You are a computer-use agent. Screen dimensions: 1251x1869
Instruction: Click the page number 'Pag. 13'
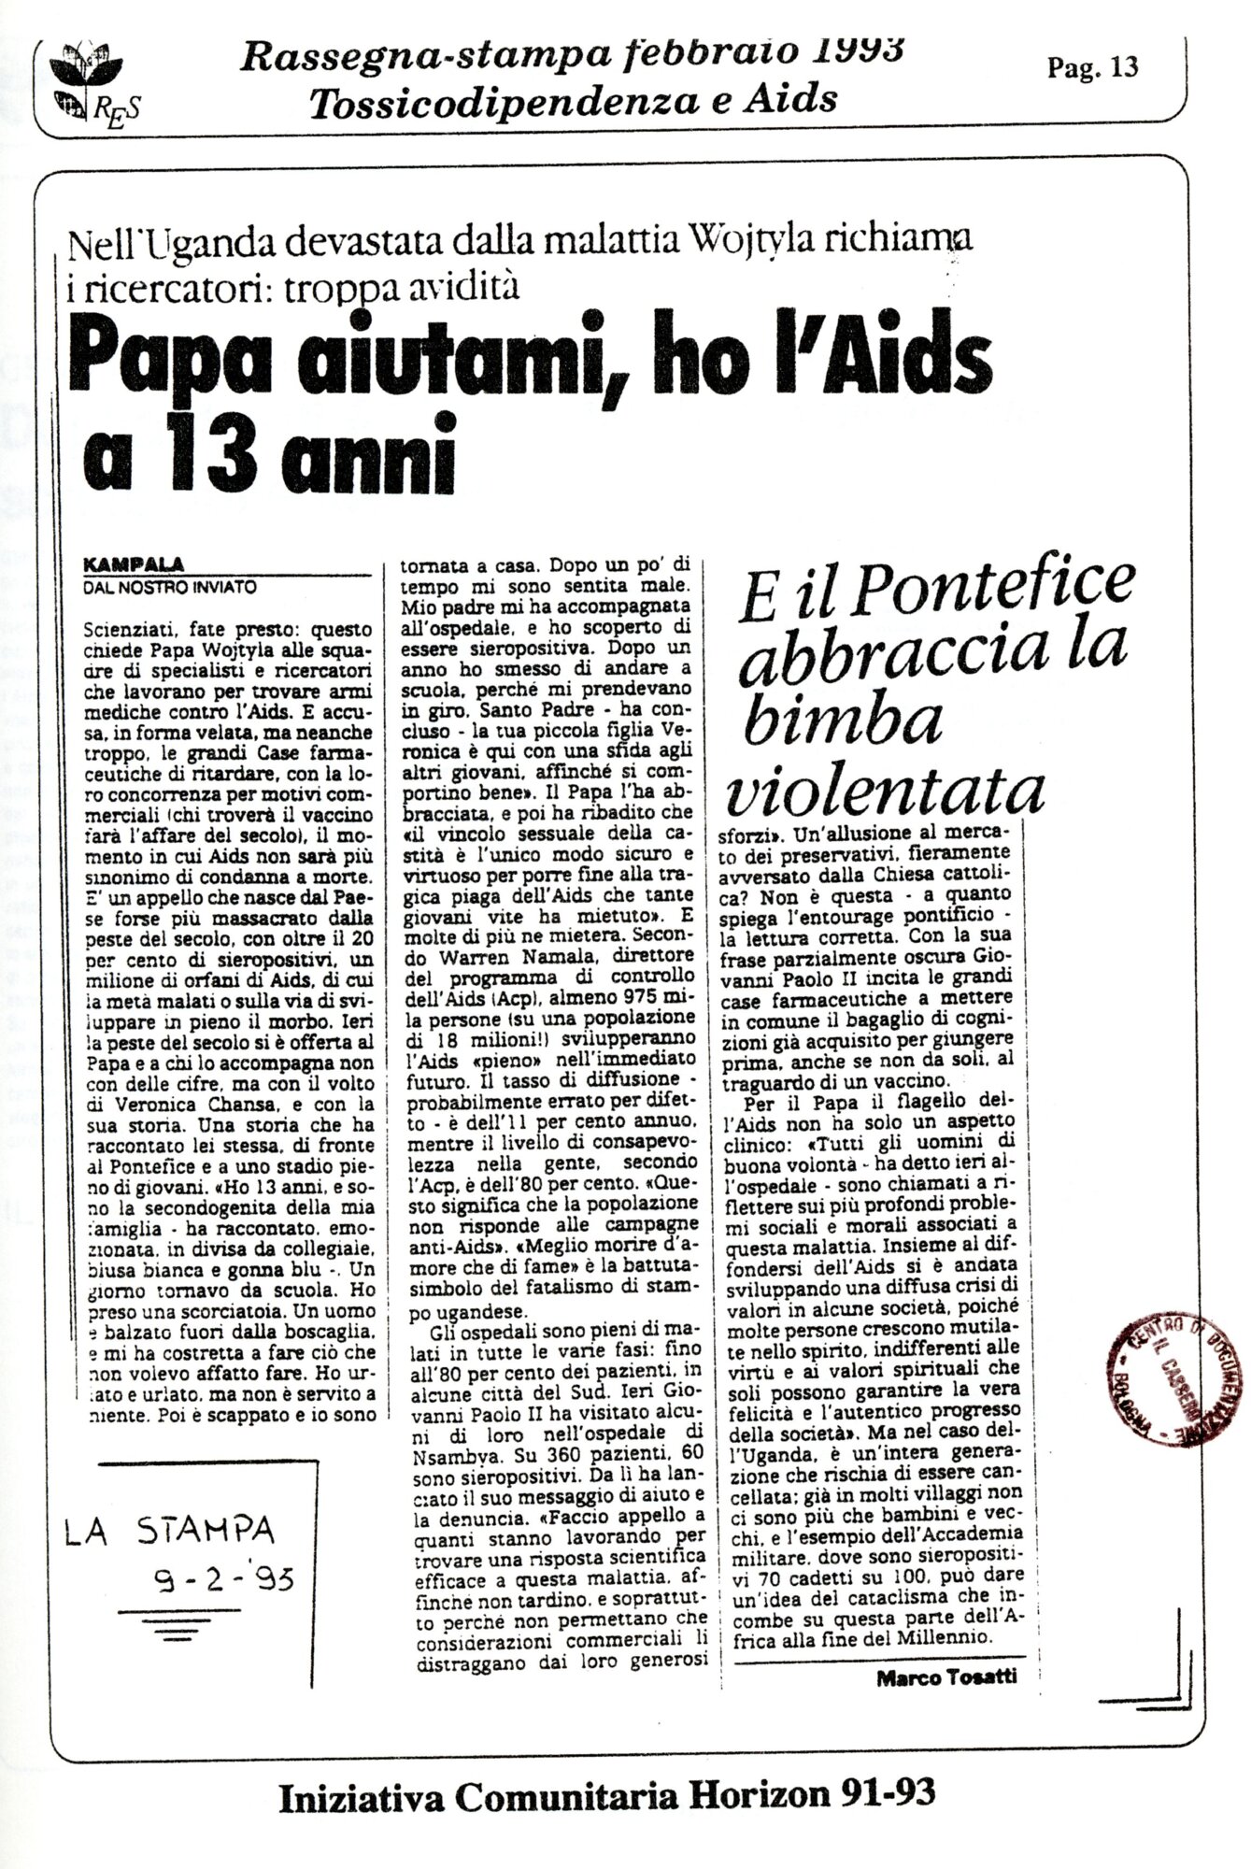tap(1093, 67)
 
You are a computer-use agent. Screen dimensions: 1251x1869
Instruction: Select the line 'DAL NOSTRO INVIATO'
tap(168, 588)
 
